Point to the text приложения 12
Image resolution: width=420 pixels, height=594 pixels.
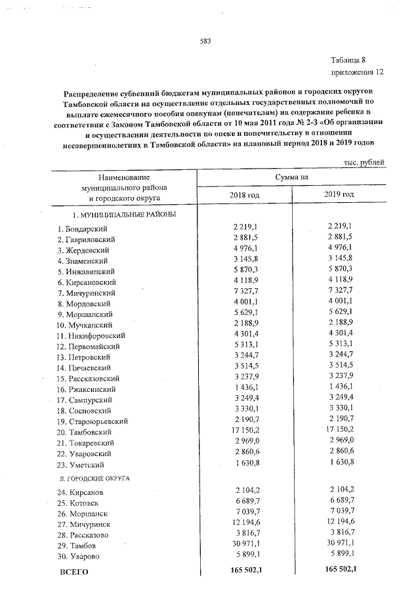356,71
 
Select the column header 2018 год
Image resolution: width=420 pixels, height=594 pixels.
244,195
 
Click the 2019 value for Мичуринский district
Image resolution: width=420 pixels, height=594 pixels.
339,293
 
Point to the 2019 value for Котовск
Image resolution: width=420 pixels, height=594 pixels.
339,502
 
